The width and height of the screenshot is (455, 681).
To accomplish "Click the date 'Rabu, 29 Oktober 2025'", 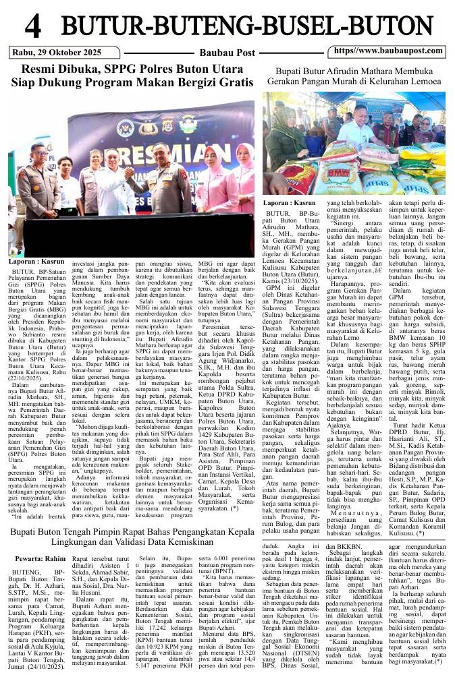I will point(55,52).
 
